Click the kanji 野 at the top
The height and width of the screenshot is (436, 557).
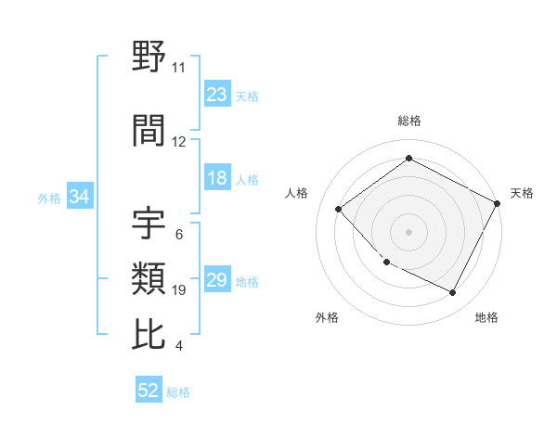149,58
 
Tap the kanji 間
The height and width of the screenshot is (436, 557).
149,131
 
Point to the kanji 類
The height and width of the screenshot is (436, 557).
149,278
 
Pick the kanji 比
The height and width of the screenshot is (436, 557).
149,334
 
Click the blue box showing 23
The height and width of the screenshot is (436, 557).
216,94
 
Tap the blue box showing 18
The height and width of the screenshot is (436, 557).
216,178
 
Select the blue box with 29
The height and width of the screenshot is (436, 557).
216,280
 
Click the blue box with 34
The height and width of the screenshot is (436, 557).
79,197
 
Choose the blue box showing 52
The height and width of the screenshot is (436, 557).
149,391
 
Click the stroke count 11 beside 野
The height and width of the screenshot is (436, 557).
178,68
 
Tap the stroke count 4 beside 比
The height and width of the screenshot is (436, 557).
178,346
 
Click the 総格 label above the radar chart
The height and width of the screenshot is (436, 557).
408,121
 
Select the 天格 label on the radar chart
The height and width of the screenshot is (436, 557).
522,193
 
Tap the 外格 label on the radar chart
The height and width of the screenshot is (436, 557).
327,317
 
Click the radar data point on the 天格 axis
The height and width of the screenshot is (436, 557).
499,203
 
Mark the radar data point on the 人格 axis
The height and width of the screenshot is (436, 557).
339,210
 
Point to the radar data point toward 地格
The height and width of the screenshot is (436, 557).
453,293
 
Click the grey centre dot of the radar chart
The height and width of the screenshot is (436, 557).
408,232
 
